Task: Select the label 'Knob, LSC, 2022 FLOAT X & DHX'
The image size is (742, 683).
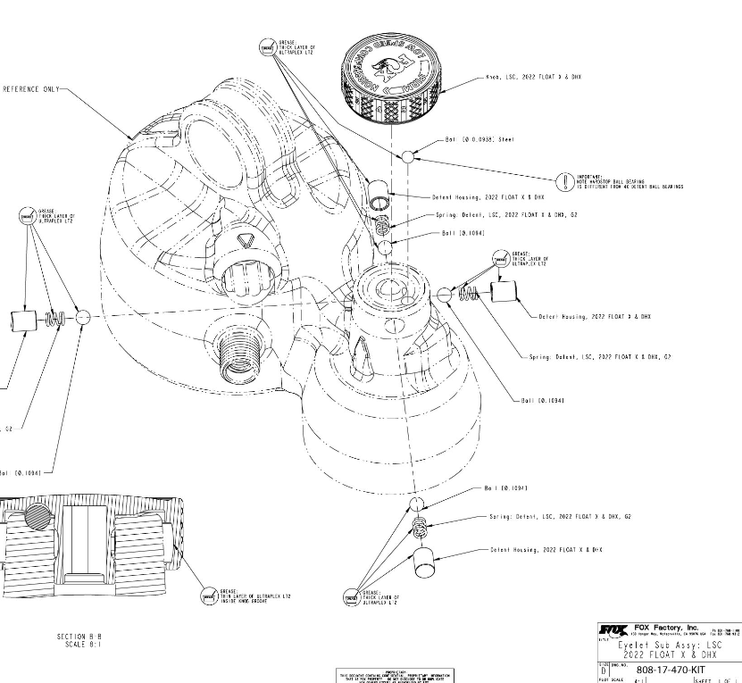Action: (535, 78)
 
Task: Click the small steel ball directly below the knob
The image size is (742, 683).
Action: (408, 156)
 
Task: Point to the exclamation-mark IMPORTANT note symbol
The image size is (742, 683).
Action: (564, 182)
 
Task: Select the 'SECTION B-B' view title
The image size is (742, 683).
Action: (78, 636)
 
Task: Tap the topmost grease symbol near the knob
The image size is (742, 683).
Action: (266, 48)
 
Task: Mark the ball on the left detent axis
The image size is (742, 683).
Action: (83, 316)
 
